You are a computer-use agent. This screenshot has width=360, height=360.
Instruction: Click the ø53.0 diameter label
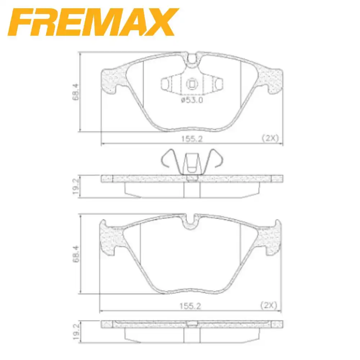(192, 100)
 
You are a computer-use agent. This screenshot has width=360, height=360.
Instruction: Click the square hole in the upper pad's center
(192, 84)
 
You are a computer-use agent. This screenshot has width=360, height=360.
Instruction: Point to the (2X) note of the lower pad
(268, 306)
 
